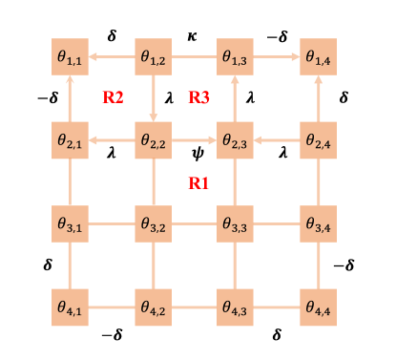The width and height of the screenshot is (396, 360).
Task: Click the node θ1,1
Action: (70, 57)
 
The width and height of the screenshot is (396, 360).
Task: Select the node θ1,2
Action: (153, 57)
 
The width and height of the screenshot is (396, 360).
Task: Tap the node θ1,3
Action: (235, 57)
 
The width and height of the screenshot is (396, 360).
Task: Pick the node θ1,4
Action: (318, 57)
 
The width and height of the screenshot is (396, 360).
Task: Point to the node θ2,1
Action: (70, 140)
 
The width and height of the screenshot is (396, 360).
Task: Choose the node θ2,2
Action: (153, 140)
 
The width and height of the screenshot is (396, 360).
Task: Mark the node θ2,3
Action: (235, 140)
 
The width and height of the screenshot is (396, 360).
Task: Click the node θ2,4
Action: (318, 140)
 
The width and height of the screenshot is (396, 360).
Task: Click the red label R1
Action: (198, 183)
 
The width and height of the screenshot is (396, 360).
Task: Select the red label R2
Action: (113, 96)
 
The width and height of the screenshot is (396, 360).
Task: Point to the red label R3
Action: (198, 96)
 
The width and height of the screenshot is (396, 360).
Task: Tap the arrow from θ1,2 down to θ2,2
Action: (153, 98)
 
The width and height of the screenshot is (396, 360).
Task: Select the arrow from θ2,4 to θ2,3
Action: (277, 140)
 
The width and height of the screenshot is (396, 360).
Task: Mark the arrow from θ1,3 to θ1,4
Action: (277, 57)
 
